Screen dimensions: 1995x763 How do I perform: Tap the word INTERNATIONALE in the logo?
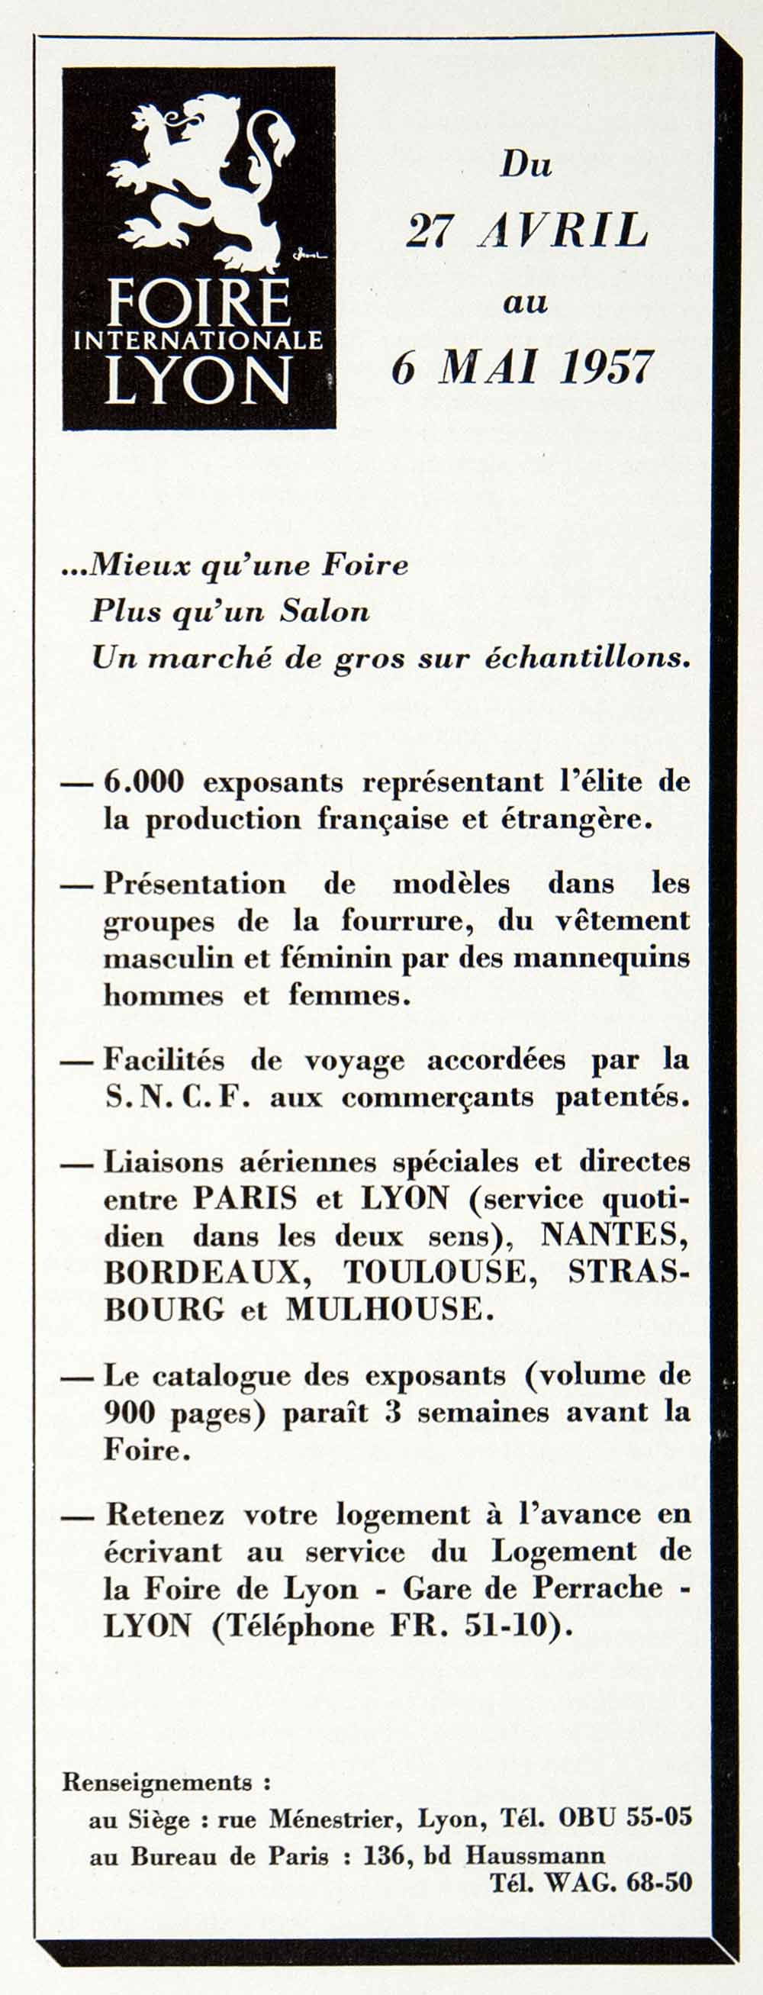pos(198,340)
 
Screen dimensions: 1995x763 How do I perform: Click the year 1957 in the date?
pos(606,367)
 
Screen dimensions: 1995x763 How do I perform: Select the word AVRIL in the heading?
pos(563,230)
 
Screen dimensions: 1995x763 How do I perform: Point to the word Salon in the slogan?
pos(324,612)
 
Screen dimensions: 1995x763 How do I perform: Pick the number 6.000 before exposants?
pos(144,782)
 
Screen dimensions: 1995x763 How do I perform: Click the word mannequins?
pos(601,958)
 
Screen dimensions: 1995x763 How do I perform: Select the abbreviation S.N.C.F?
pos(177,1097)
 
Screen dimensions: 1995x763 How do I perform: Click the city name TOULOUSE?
pos(435,1271)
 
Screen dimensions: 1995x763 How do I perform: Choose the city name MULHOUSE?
pos(390,1309)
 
